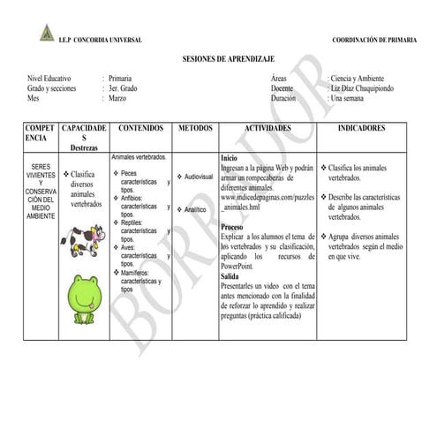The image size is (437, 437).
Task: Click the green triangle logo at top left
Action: [x=47, y=34]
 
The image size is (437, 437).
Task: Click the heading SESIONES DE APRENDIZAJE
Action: [x=218, y=58]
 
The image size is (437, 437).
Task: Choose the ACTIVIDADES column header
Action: [x=267, y=129]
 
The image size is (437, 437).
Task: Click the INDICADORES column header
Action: [x=361, y=129]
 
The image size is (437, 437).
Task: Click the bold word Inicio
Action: [x=229, y=158]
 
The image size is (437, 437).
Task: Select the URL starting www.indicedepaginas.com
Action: [x=266, y=198]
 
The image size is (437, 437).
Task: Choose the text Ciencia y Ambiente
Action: [x=358, y=79]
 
